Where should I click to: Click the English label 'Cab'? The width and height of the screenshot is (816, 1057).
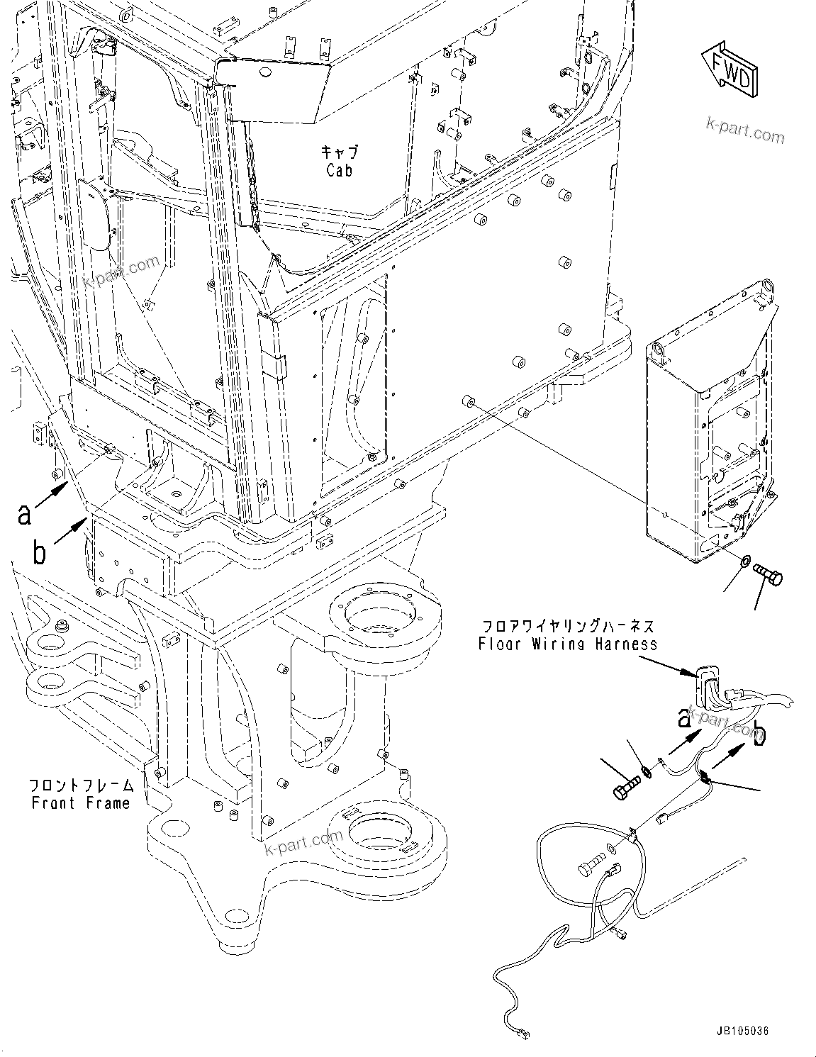coord(339,171)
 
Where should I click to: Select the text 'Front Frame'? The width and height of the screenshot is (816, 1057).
coord(81,802)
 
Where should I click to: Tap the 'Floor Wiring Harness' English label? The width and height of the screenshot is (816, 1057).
coord(567,644)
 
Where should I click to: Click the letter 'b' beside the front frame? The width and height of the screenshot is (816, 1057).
coord(39,552)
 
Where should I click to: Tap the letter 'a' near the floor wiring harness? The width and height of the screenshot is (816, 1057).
coord(684,720)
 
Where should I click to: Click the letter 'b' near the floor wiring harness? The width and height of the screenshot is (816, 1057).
coord(760,734)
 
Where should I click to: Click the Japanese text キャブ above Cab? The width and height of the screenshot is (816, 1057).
coord(339,152)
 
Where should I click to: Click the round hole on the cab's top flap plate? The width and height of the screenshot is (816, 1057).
coord(263,72)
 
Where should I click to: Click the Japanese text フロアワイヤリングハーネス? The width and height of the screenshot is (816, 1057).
coord(567,627)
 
